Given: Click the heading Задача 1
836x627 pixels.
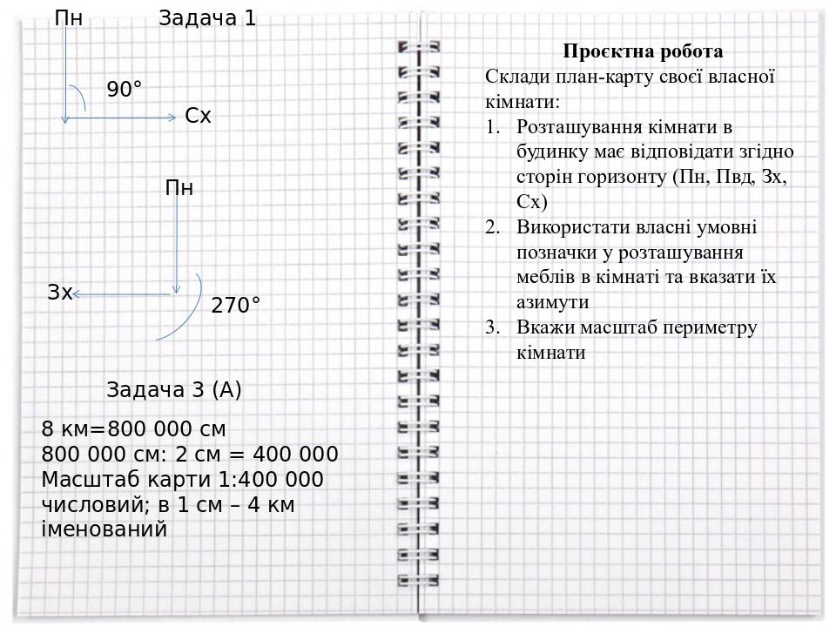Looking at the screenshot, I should tap(207, 18).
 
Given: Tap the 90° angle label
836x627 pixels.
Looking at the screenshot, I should tap(125, 90).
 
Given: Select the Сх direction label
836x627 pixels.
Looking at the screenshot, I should tap(198, 116).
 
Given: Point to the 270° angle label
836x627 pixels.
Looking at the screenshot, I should tap(236, 306).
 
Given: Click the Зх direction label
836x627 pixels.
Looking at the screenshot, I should tap(59, 293).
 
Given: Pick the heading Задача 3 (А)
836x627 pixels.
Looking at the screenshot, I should tap(174, 390).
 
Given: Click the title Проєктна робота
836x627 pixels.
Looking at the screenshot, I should tap(643, 51).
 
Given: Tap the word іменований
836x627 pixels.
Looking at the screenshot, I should tap(104, 529).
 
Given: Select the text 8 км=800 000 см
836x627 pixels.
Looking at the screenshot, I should tap(133, 429).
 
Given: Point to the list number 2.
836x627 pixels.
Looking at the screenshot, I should tap(493, 227).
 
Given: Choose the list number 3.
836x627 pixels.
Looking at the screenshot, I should tap(493, 328).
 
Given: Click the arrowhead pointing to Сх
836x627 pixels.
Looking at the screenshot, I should tap(172, 116).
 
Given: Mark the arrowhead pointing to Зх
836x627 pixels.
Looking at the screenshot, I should tap(76, 294).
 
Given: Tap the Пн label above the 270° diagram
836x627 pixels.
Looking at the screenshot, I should tap(179, 188).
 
